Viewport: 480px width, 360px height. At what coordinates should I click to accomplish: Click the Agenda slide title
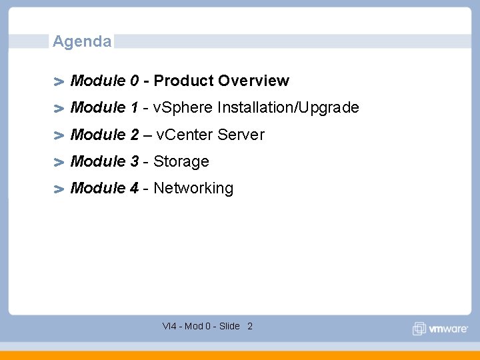82,41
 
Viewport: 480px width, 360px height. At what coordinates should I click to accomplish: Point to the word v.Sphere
183,107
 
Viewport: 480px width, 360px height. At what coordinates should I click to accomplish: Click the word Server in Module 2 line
240,135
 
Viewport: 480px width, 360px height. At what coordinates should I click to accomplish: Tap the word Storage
181,161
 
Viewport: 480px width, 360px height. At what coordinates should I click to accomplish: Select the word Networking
193,188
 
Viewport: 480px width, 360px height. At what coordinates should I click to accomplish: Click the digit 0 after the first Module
135,81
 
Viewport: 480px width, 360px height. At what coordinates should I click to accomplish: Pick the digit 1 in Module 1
135,107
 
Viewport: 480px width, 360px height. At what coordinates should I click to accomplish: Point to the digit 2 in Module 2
135,135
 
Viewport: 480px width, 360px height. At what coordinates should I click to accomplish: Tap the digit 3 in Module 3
135,161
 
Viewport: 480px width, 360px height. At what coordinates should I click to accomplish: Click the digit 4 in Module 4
135,188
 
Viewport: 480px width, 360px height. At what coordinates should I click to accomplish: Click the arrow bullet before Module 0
59,82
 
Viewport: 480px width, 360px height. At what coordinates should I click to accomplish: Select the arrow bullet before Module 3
59,163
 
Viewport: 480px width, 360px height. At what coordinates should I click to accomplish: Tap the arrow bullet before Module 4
59,189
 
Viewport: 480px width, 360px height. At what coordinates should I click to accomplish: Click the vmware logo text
446,329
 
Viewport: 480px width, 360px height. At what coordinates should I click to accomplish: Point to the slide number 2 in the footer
250,326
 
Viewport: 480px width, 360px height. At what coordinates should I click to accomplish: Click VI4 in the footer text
169,326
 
